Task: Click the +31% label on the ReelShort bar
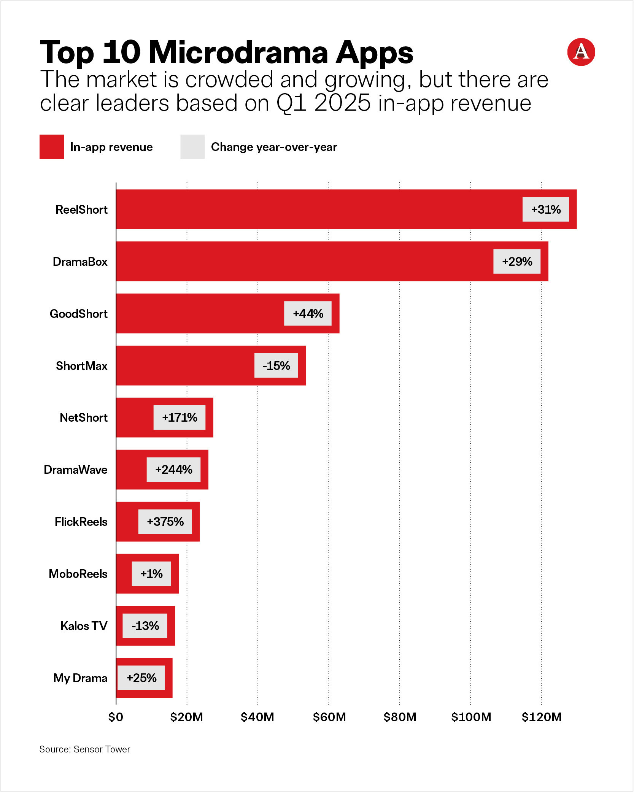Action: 545,210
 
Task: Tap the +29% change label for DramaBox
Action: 517,262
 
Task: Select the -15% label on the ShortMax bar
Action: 276,366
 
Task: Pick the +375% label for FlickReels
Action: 165,522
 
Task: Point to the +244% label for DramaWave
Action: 173,470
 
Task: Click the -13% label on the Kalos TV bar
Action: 145,626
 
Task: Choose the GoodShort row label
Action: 79,314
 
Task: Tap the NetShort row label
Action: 84,417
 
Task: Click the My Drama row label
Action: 80,678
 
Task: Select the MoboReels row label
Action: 78,574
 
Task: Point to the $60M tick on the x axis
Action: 329,717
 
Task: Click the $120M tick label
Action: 541,717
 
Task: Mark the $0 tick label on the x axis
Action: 116,717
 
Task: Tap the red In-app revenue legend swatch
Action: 52,147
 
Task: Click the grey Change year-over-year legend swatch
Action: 192,147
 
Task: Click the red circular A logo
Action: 581,52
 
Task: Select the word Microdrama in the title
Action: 238,52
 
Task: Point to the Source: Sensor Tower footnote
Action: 85,749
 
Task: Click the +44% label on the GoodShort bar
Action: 308,314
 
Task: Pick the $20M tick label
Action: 186,717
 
